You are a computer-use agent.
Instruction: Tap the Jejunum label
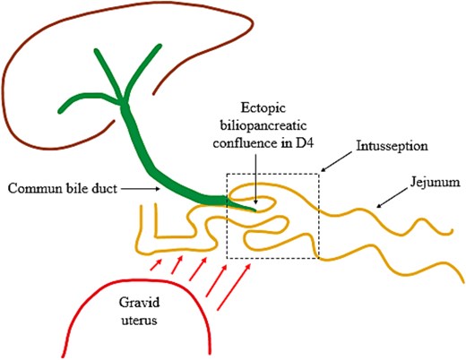429,182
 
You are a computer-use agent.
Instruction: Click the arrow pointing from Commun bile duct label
134,189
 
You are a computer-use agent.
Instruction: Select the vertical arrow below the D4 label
255,176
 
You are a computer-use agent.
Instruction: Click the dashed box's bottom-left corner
228,259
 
